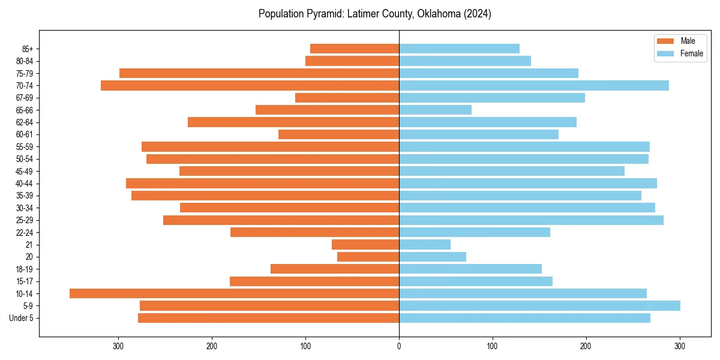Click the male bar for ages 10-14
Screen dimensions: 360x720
tap(234, 293)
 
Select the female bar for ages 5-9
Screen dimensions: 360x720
tap(539, 305)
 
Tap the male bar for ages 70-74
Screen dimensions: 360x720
tap(250, 85)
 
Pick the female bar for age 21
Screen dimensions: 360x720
tap(425, 244)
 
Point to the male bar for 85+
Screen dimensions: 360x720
tap(355, 49)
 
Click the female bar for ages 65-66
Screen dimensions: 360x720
tap(435, 110)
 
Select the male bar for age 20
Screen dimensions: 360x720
tap(368, 257)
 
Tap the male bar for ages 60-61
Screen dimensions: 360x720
tap(338, 134)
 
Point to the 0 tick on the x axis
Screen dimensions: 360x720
tap(399, 346)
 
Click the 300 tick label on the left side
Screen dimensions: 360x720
tap(118, 346)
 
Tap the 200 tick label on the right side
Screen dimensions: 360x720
tap(586, 346)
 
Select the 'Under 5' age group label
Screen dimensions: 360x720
tap(21, 318)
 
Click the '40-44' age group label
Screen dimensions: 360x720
tap(24, 184)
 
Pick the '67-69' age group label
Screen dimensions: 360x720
tap(24, 98)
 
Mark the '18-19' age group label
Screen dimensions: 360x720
tap(24, 269)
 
